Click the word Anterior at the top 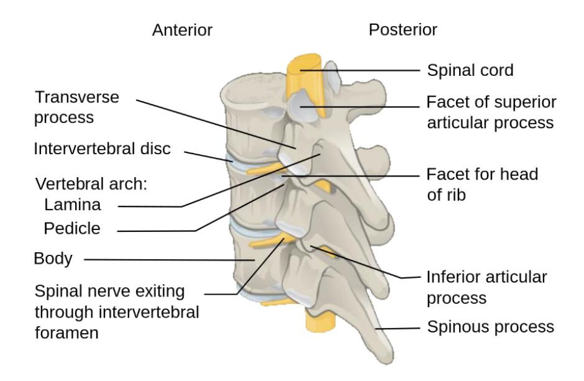[x=182, y=30]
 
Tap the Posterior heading [x=403, y=30]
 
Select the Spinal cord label [x=470, y=70]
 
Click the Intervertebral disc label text [x=102, y=149]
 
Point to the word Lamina [x=73, y=204]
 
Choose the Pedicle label [x=72, y=228]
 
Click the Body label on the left [x=53, y=259]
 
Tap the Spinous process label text [x=491, y=327]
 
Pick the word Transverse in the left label [x=77, y=97]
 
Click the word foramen [x=66, y=333]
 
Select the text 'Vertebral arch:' [x=91, y=184]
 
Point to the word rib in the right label [x=455, y=195]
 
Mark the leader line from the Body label [x=170, y=260]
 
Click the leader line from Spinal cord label [x=360, y=70]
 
